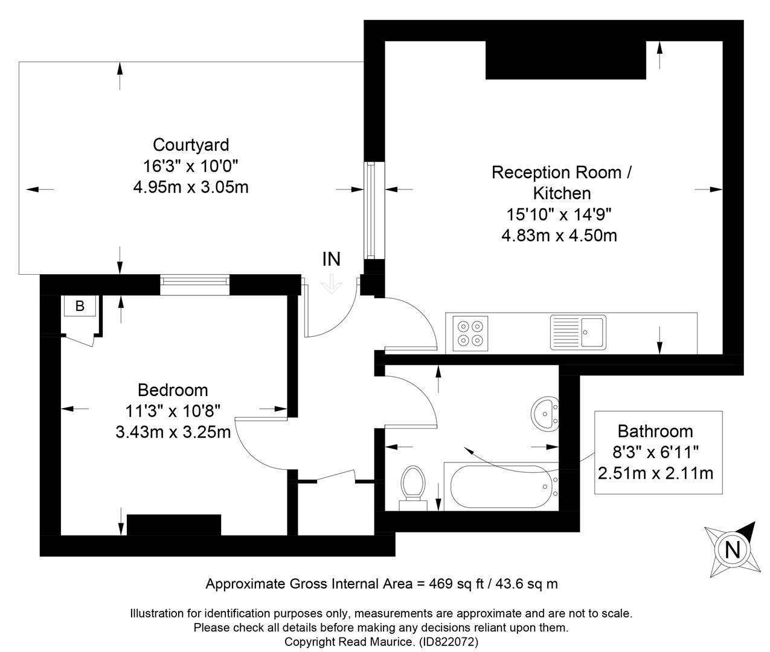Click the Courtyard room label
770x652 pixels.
tap(191, 145)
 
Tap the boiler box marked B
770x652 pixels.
tap(80, 306)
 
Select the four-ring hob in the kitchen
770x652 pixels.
tap(470, 333)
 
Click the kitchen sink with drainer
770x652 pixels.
tap(578, 333)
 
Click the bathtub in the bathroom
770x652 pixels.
tap(501, 487)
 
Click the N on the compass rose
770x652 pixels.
tap(732, 549)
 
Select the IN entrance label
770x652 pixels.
tap(331, 260)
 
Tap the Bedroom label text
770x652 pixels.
tap(173, 390)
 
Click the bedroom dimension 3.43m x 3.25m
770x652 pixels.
tap(173, 432)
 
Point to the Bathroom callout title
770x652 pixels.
tap(655, 431)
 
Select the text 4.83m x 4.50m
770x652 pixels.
tap(559, 235)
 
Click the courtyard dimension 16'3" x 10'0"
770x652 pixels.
tap(190, 166)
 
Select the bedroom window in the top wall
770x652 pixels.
tap(195, 285)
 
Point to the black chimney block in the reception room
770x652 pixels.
tap(565, 60)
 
